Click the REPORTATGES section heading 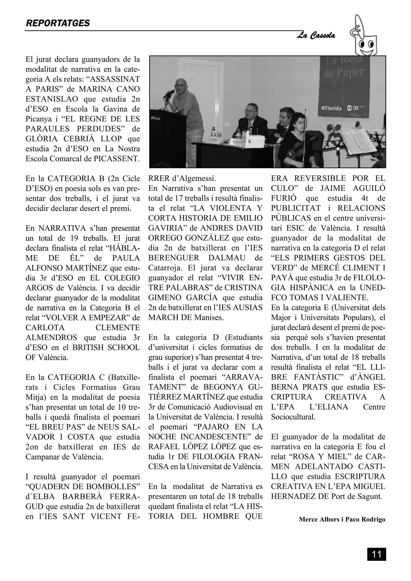click(x=58, y=23)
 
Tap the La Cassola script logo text click(x=316, y=36)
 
